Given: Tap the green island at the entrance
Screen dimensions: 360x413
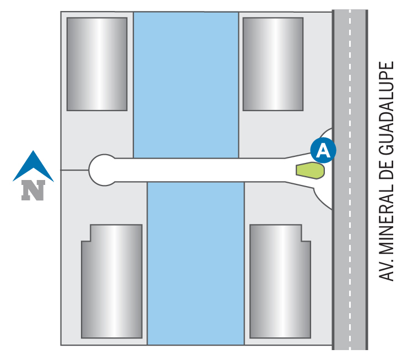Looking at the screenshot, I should pos(310,170).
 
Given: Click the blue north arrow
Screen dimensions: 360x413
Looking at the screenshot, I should pos(33,166).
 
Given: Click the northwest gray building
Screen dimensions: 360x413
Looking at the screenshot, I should pos(97,64).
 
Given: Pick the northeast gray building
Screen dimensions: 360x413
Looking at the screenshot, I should pos(273,64).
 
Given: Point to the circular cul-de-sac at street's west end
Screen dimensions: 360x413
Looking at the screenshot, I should pos(103,170).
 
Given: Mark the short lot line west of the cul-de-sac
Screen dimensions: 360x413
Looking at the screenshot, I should pos(74,170).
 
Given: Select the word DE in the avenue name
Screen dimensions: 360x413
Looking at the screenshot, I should pos(388,171).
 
